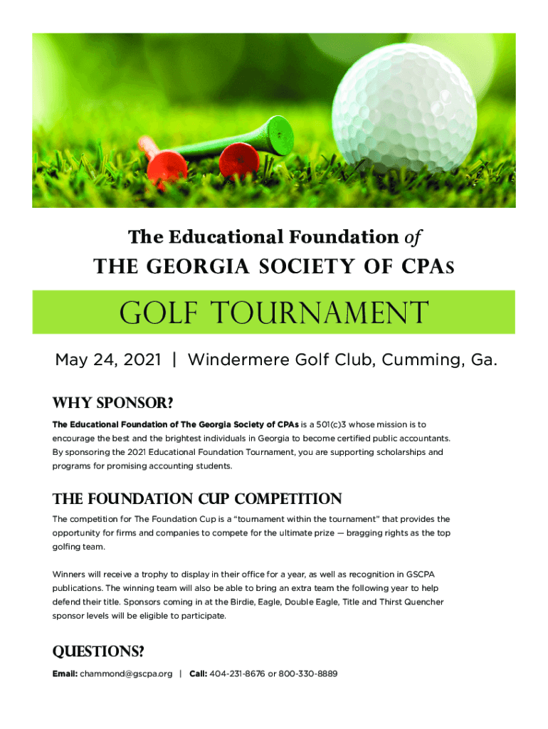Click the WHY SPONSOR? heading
click(x=112, y=404)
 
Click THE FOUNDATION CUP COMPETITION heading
click(x=197, y=498)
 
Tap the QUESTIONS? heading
click(x=98, y=652)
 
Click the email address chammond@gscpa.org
click(x=126, y=673)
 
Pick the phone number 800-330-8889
click(x=308, y=673)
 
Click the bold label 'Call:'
click(x=198, y=673)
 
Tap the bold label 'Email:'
click(x=65, y=673)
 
